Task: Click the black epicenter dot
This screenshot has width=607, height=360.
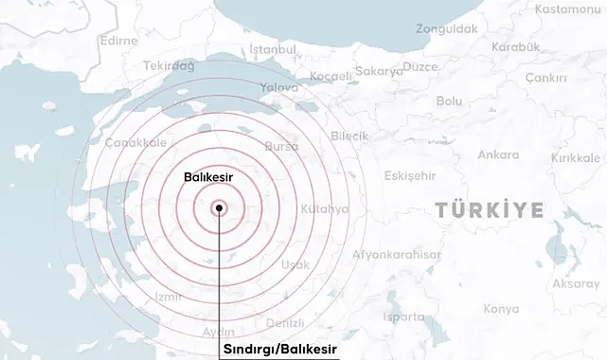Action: point(219,207)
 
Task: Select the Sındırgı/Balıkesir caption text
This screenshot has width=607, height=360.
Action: point(279,350)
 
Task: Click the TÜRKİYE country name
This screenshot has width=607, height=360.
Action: point(489,209)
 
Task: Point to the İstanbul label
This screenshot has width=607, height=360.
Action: point(273,49)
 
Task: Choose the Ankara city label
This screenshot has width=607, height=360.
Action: point(498,154)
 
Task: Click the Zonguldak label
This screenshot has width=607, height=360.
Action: point(446,29)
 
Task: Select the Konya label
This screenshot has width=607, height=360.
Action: point(501,309)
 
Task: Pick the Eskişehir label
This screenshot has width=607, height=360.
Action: point(411,175)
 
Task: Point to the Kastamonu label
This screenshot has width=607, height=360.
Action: point(568,9)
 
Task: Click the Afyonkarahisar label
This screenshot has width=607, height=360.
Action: point(397,255)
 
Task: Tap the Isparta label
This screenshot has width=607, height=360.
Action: point(404,316)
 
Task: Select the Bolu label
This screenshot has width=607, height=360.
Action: point(449,100)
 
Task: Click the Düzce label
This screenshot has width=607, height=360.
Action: point(420,66)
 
